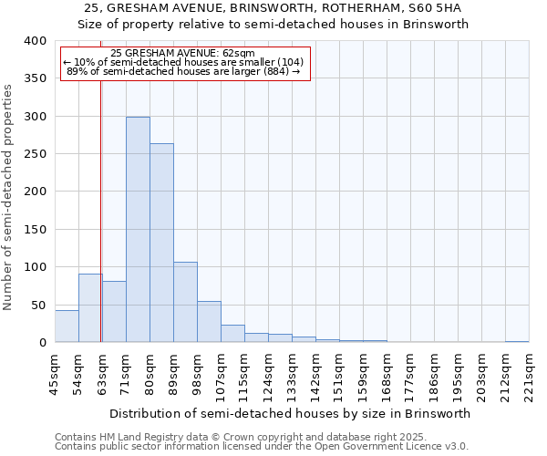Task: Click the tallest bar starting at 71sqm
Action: point(138,230)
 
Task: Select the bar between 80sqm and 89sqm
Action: point(161,243)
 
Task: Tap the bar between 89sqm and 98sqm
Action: point(185,302)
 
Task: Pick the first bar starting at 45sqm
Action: point(67,326)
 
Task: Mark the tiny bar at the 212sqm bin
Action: point(517,341)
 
